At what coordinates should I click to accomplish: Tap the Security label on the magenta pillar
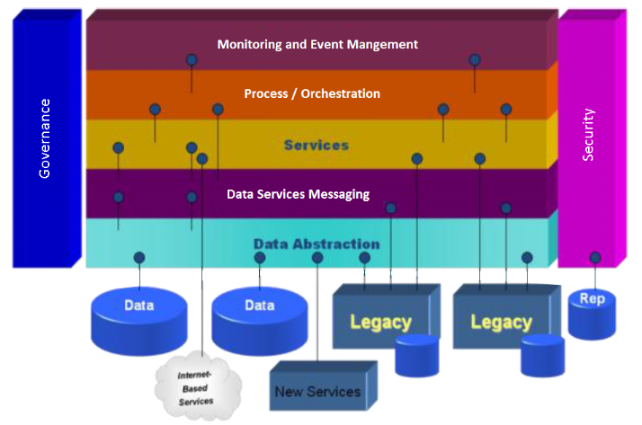tap(589, 135)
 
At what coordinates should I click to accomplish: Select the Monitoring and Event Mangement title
tap(317, 44)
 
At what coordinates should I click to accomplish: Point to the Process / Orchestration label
tap(312, 93)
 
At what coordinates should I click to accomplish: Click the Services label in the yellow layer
tap(316, 145)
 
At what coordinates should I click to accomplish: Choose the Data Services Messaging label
tap(298, 194)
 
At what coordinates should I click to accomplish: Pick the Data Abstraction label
tap(316, 243)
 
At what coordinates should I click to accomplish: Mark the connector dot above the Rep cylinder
tap(594, 258)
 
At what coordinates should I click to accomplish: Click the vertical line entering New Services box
tap(317, 314)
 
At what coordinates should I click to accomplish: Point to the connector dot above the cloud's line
tap(202, 159)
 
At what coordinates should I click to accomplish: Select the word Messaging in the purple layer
tap(337, 194)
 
